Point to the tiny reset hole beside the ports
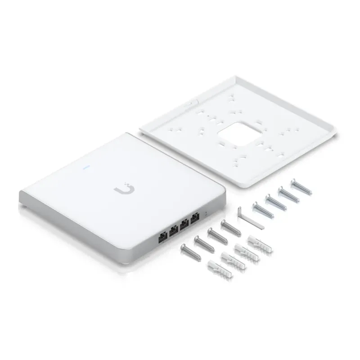pos(207,215)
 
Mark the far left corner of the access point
pos(19,193)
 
